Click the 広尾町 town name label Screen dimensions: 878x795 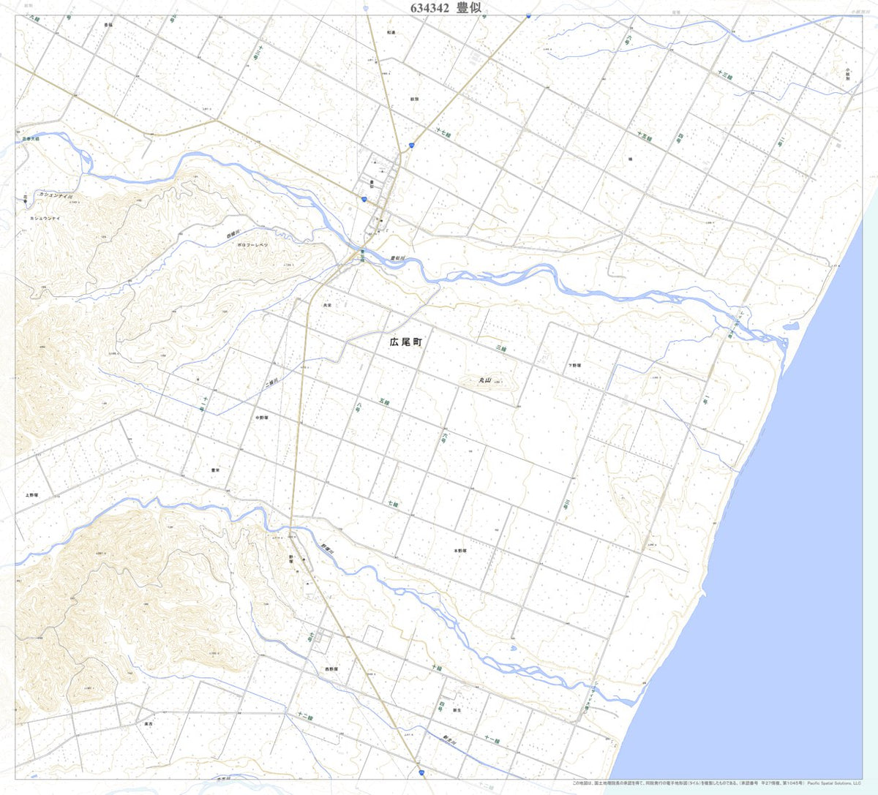(406, 342)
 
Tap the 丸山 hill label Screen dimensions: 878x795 (484, 380)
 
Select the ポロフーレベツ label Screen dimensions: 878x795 (252, 245)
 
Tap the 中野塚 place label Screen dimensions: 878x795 (262, 418)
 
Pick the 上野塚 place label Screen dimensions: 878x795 (30, 495)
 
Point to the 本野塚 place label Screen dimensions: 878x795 (459, 550)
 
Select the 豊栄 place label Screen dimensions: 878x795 (215, 470)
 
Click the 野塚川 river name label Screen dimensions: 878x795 (326, 548)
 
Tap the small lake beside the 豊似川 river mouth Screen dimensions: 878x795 (791, 326)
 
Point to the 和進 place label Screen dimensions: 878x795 (391, 33)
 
